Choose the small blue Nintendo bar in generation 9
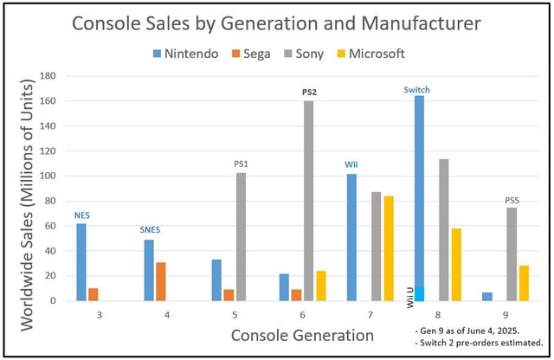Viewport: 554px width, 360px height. coord(487,296)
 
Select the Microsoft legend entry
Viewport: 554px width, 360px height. coord(373,54)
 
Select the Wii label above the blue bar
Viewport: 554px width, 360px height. coord(352,164)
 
